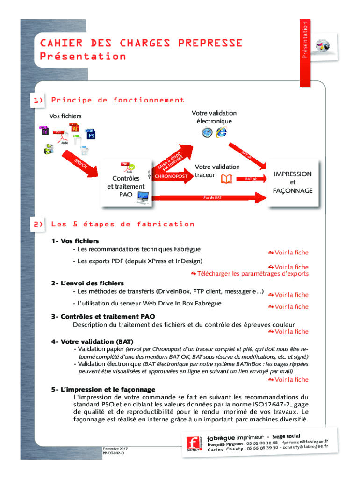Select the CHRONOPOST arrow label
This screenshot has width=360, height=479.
[x=171, y=176]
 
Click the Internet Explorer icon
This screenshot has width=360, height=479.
[x=221, y=132]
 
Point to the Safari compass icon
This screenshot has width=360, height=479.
[x=207, y=132]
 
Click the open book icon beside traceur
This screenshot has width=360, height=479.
[x=227, y=179]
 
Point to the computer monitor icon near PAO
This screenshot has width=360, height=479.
[x=142, y=198]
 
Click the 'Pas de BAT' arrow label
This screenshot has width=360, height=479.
[x=212, y=198]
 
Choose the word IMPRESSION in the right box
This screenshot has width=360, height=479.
[x=293, y=174]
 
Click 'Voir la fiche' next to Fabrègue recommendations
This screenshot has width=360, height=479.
[x=288, y=253]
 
